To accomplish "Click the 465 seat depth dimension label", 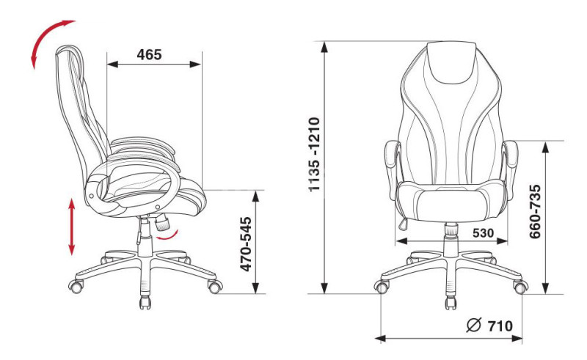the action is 149,55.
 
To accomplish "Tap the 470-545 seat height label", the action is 246,244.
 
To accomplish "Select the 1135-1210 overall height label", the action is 314,155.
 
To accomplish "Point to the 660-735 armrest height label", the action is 535,211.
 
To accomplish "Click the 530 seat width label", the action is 483,232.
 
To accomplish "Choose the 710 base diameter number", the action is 500,326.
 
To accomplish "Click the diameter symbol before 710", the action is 473,326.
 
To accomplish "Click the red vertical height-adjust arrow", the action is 71,227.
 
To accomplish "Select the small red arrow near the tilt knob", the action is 167,236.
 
